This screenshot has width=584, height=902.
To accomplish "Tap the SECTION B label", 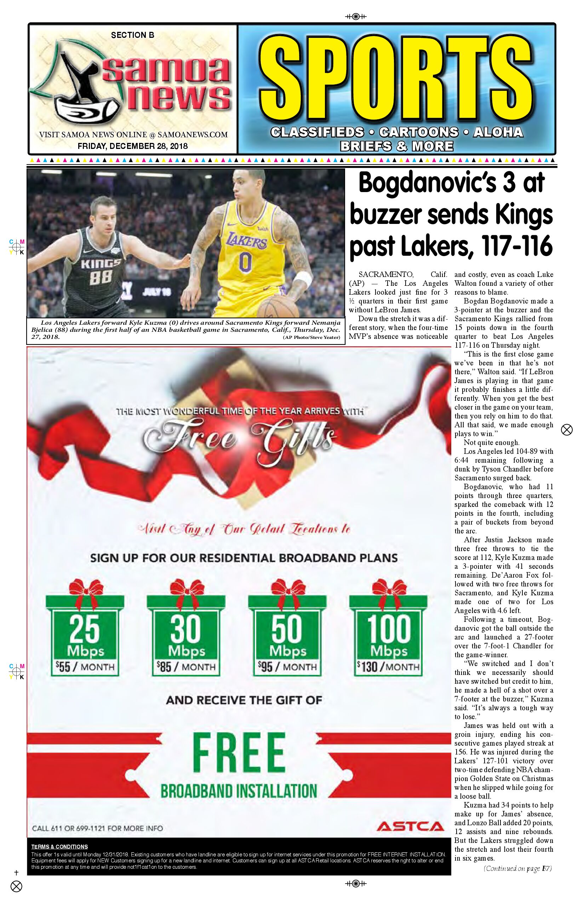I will pos(132,35).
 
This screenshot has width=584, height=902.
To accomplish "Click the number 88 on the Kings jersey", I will pos(101,278).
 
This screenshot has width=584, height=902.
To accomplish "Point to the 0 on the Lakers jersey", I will pos(245,262).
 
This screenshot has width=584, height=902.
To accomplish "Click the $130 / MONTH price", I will pos(388,667).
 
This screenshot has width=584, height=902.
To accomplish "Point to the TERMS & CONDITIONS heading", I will pos(59,847).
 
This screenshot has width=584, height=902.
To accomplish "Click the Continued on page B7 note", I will pos(517,869).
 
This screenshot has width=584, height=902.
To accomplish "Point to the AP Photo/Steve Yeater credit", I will pos(311,337).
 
